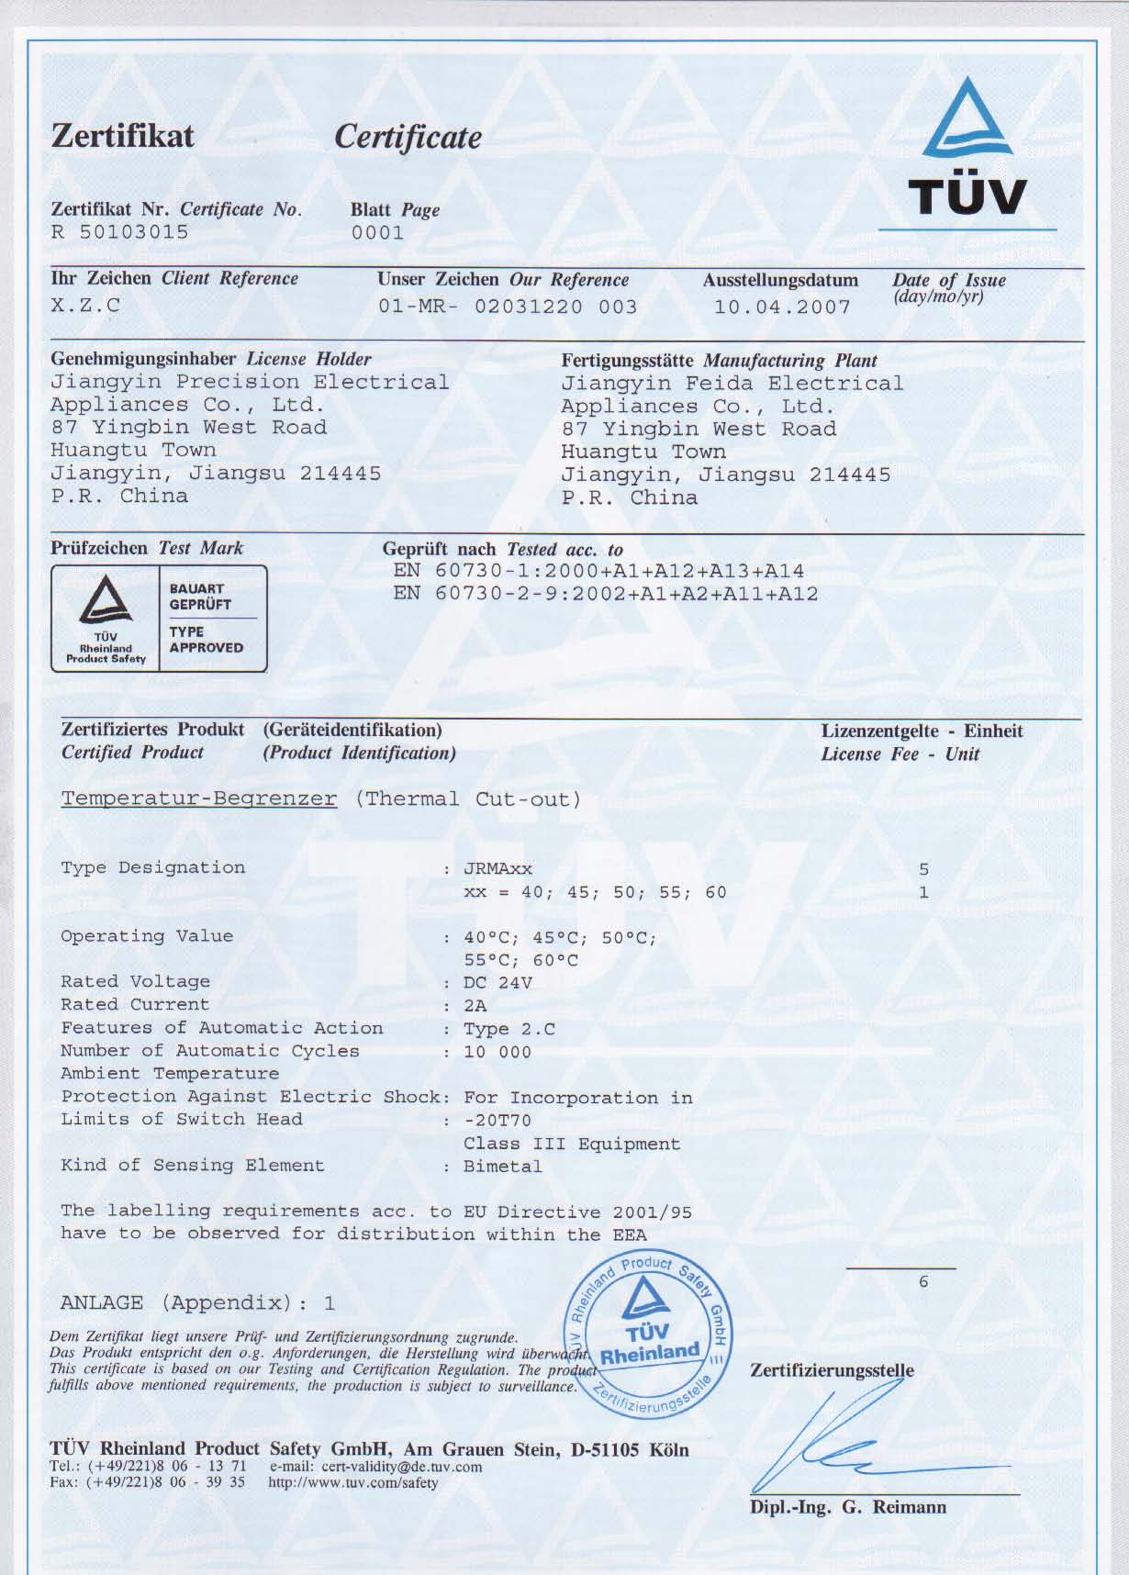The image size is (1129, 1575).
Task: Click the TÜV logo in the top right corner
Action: (967, 148)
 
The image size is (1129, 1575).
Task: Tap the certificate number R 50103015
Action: (119, 232)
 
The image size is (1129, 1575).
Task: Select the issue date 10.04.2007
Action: (782, 307)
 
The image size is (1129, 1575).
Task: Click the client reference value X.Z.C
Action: (84, 306)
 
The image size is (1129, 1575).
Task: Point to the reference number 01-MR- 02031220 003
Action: (508, 307)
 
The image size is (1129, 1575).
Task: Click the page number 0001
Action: (377, 233)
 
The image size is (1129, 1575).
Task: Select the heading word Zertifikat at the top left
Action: (122, 137)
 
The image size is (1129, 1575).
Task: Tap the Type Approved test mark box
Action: (159, 619)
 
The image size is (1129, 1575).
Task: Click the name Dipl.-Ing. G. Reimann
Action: (847, 1507)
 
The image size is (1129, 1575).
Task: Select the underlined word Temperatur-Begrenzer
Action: (198, 799)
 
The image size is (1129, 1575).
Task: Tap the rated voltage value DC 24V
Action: (497, 983)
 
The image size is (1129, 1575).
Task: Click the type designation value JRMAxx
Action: (497, 868)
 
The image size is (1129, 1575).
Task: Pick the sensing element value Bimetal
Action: (502, 1167)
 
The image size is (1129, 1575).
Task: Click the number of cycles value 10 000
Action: (497, 1052)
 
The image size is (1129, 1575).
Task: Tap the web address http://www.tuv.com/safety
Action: (353, 1482)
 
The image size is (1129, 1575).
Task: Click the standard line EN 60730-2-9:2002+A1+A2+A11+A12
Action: (605, 594)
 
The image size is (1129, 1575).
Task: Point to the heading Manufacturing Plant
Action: (789, 361)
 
